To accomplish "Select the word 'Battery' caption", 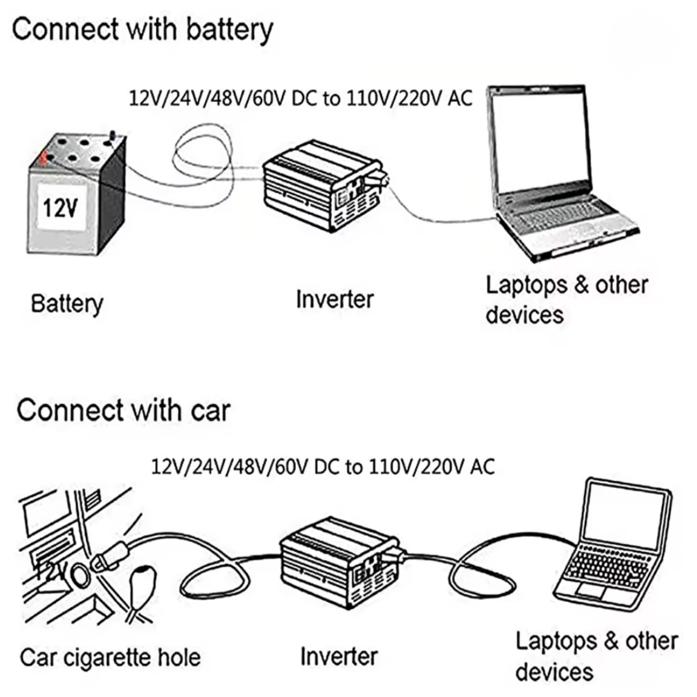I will (x=66, y=303).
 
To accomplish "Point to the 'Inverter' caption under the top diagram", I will (x=334, y=299).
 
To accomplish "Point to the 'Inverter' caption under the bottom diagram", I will (x=338, y=656).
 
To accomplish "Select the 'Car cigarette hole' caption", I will (x=110, y=657).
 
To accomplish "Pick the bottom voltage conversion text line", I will (x=322, y=467).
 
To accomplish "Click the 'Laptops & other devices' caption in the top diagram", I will (x=566, y=299).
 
